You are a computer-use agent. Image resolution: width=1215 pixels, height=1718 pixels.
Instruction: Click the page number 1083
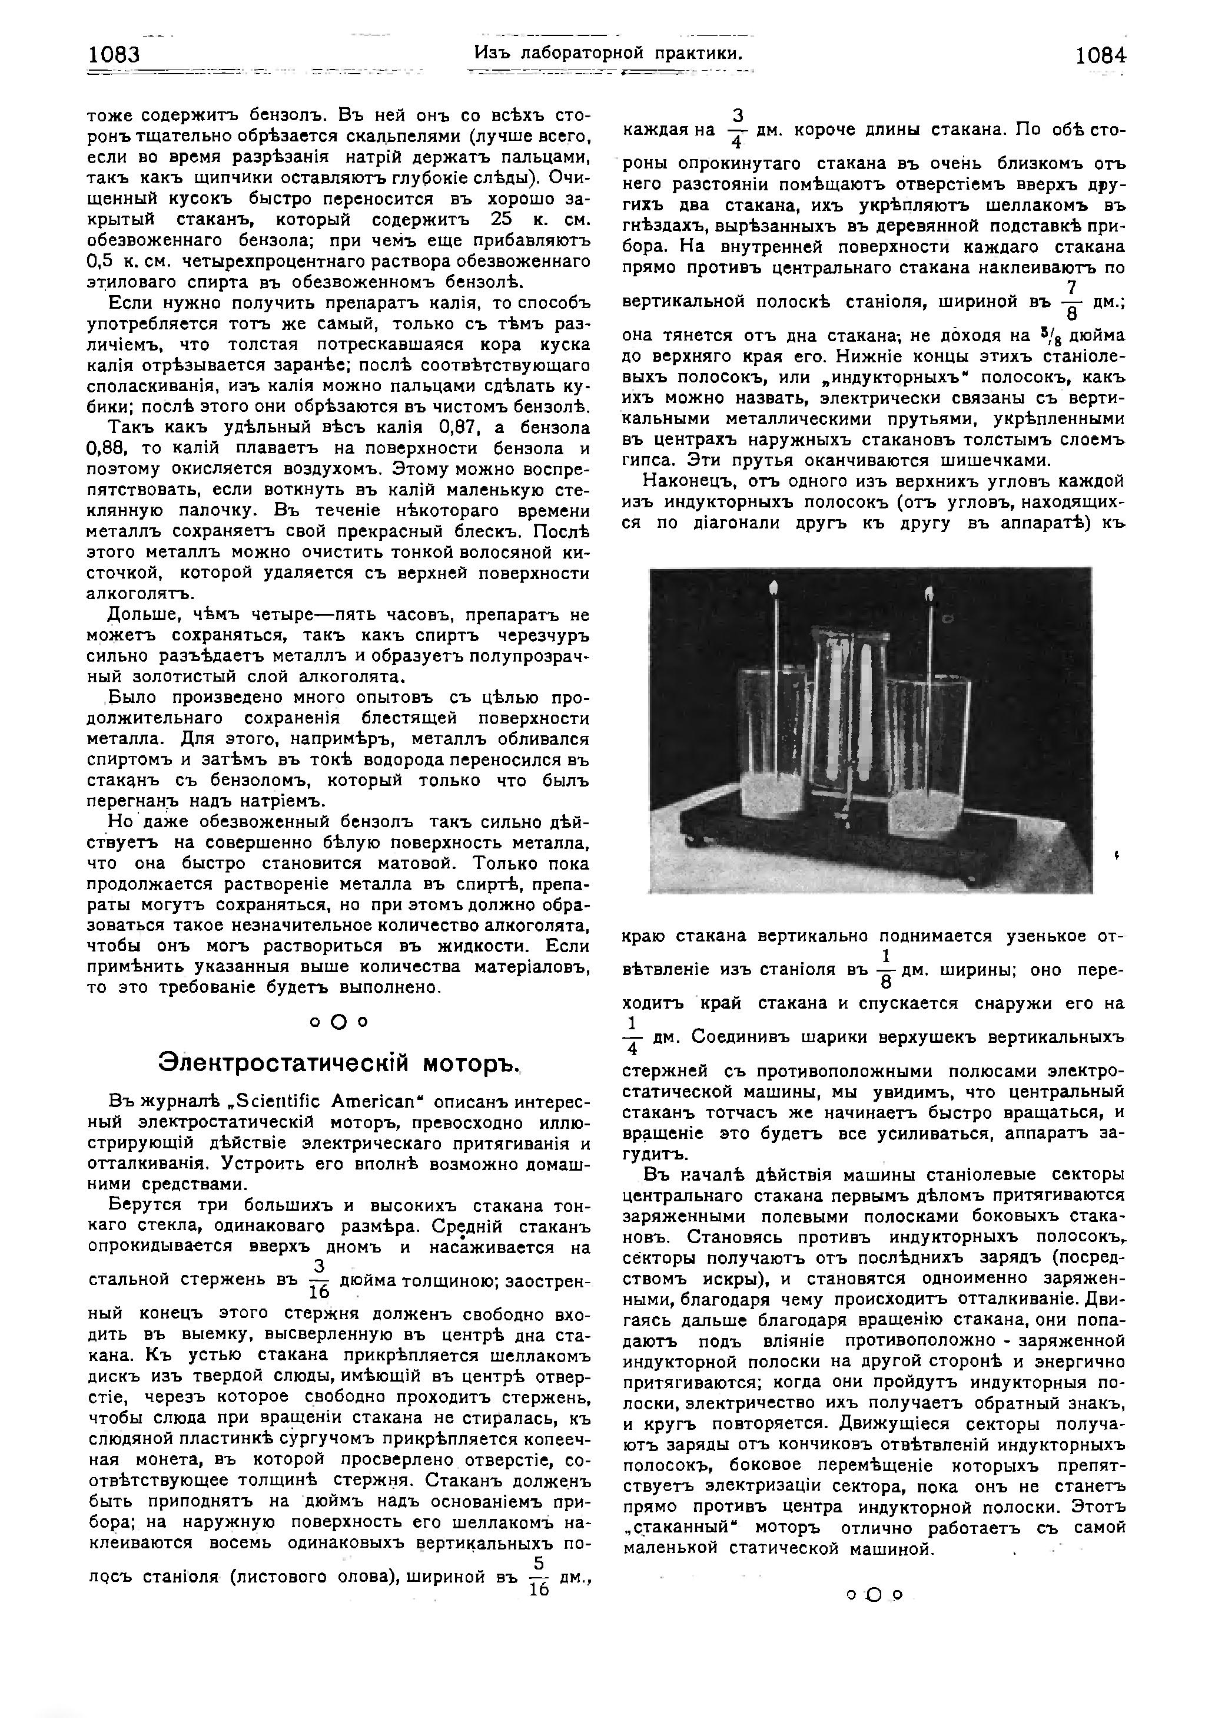(114, 55)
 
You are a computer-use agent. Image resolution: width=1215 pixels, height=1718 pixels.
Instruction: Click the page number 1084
(1100, 56)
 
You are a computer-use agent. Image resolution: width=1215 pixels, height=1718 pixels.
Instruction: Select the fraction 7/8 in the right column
(1072, 301)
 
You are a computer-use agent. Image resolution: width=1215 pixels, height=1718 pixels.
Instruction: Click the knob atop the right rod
(931, 596)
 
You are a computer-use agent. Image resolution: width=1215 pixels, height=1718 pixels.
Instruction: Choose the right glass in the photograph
(928, 749)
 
